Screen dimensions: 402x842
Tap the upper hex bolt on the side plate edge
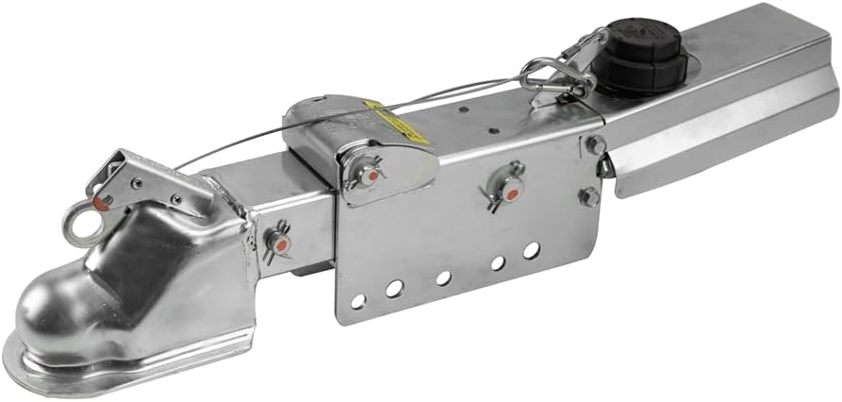pyautogui.click(x=595, y=145)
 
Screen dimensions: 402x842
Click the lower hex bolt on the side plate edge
pyautogui.click(x=588, y=196)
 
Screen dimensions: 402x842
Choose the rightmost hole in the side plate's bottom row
pyautogui.click(x=532, y=250)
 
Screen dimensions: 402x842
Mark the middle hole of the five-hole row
pyautogui.click(x=443, y=277)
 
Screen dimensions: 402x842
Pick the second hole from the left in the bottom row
pyautogui.click(x=394, y=289)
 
